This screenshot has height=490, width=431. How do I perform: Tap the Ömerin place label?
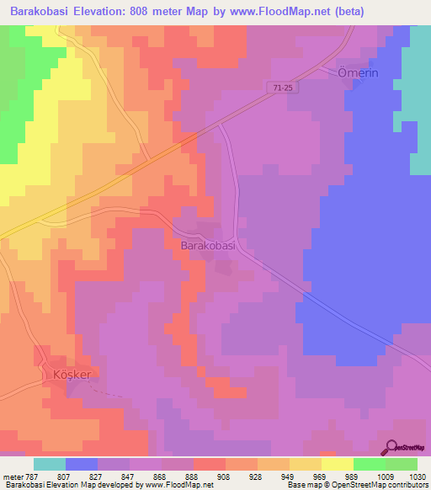coord(359,72)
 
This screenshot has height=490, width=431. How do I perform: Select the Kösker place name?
coord(72,372)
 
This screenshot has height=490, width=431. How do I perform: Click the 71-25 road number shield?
coord(284,87)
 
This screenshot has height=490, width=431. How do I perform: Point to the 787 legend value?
coord(31,477)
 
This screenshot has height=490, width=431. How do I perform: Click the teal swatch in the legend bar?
coord(50,464)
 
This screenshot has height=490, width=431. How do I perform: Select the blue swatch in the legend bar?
coord(82,464)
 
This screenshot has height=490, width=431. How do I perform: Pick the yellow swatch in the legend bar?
coord(337,464)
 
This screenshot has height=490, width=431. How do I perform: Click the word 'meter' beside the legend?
coord(12,477)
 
